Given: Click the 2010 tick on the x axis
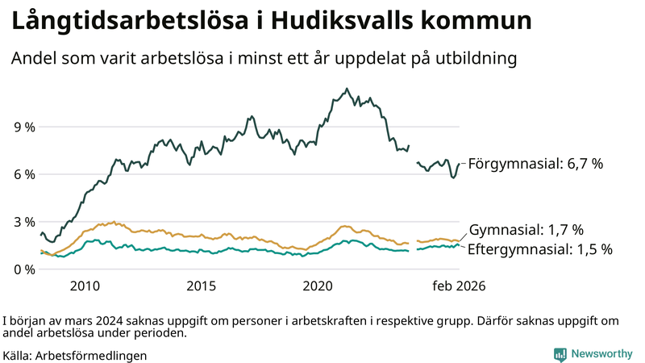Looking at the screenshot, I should pos(85,286).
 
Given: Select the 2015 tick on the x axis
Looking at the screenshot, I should pos(202,286).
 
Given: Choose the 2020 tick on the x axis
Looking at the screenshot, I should pos(318,286).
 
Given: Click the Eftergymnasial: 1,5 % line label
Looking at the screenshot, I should pos(539,249).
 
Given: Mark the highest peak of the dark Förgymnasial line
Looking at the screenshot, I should pos(347,89).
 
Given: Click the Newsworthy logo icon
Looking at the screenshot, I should pos(560,354).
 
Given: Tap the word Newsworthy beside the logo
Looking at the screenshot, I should pos(602,354).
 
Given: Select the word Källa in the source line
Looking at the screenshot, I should pos(17,355).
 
